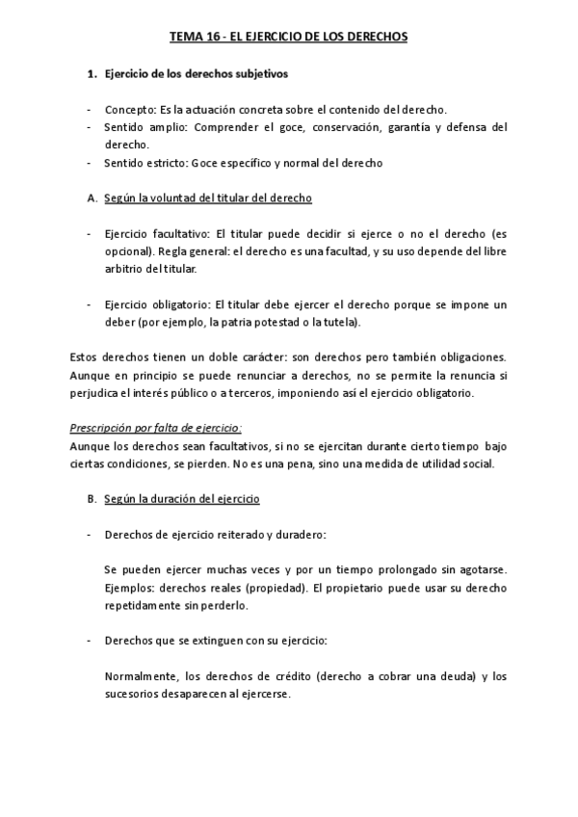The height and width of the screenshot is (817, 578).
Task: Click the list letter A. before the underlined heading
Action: [x=92, y=198]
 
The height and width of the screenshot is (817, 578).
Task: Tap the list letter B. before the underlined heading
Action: [x=92, y=499]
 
